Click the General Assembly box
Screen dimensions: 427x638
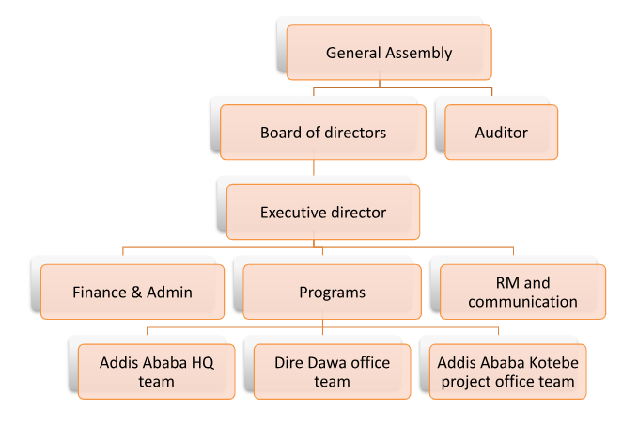point(389,53)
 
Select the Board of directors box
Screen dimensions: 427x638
point(322,133)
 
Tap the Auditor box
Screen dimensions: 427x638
point(501,133)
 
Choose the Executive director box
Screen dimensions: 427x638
point(322,213)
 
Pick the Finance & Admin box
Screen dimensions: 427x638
point(132,292)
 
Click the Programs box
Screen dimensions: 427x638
point(332,292)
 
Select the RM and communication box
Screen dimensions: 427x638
point(522,292)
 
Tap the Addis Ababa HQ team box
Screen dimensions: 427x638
point(156,372)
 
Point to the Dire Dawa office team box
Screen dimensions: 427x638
point(332,372)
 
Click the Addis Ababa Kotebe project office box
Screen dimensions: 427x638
point(508,372)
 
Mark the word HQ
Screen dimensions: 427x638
point(197,362)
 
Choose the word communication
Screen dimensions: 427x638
point(522,302)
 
